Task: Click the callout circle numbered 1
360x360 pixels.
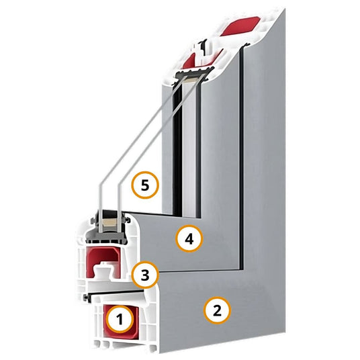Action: click(x=120, y=319)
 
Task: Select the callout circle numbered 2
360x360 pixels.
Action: click(x=217, y=310)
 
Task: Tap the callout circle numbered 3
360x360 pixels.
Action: click(x=145, y=275)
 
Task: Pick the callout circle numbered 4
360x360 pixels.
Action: click(x=189, y=239)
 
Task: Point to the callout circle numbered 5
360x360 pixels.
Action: click(x=145, y=185)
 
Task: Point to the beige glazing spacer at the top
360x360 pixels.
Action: click(x=192, y=79)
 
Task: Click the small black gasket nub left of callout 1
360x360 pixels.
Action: click(x=86, y=298)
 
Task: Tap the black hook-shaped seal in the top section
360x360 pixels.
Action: click(x=203, y=47)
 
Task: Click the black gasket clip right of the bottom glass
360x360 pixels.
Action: click(x=128, y=220)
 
